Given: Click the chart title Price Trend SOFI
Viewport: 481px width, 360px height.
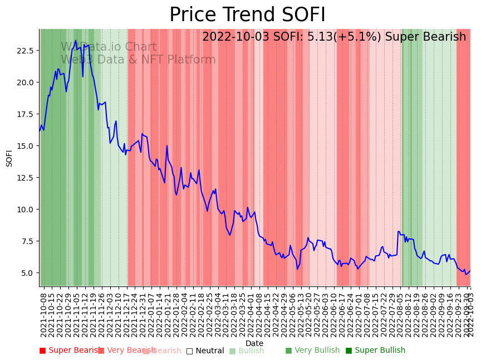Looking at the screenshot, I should (247, 15).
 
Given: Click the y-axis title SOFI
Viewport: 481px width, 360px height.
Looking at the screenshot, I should (9, 158).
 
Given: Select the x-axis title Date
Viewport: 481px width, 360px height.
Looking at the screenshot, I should (254, 343).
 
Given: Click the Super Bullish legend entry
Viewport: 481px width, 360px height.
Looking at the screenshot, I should (375, 351).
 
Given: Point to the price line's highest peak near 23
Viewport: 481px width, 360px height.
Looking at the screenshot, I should (76, 41).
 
